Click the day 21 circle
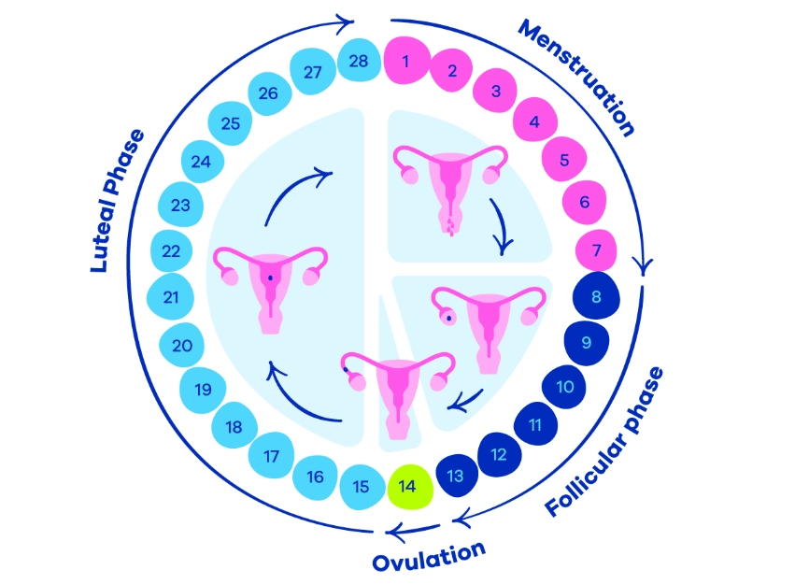[x=172, y=297]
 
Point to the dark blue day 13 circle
[x=456, y=477]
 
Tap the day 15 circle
[x=362, y=487]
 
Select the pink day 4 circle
[x=534, y=121]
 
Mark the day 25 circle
[x=229, y=122]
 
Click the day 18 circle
[x=234, y=427]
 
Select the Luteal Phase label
[x=119, y=201]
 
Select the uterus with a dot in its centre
[x=268, y=285]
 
